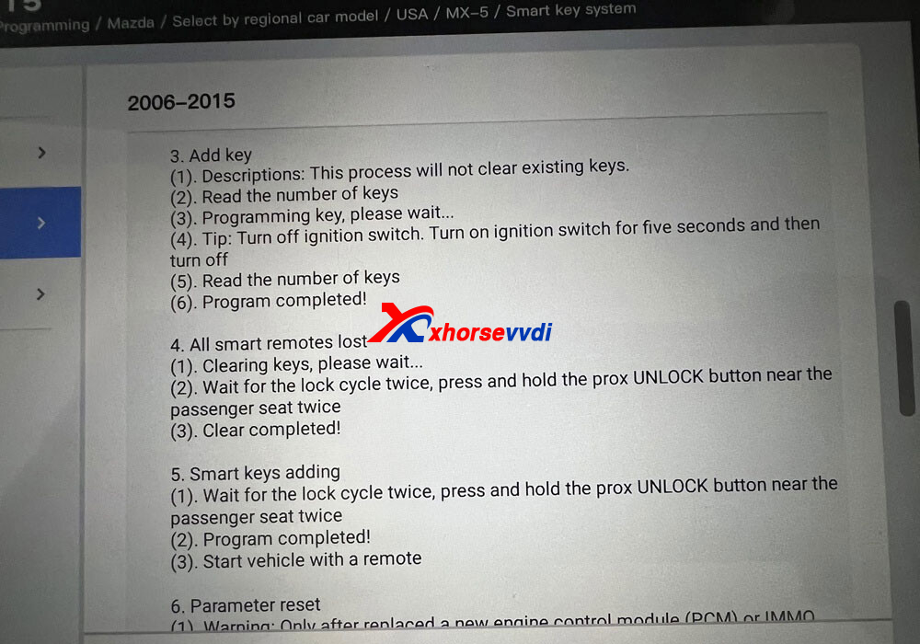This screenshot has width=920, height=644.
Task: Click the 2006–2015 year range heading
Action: pyautogui.click(x=181, y=101)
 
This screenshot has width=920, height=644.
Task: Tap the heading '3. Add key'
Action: pyautogui.click(x=211, y=155)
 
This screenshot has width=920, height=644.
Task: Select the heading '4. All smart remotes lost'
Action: pyautogui.click(x=269, y=344)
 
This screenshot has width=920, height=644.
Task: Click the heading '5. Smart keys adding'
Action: pyautogui.click(x=255, y=473)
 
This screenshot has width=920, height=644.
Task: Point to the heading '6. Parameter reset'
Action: pyautogui.click(x=246, y=605)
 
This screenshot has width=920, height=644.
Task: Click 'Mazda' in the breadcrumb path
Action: pyautogui.click(x=131, y=23)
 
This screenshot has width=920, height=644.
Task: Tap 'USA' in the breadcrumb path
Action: pyautogui.click(x=412, y=17)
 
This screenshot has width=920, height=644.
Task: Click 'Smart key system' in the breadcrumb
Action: pyautogui.click(x=570, y=11)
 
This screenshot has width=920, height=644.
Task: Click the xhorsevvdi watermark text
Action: pyautogui.click(x=491, y=332)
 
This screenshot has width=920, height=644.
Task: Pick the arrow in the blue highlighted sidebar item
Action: pyautogui.click(x=40, y=223)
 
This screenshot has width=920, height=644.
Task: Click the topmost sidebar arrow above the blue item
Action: pyautogui.click(x=41, y=153)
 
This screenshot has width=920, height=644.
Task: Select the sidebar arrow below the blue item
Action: pyautogui.click(x=40, y=294)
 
